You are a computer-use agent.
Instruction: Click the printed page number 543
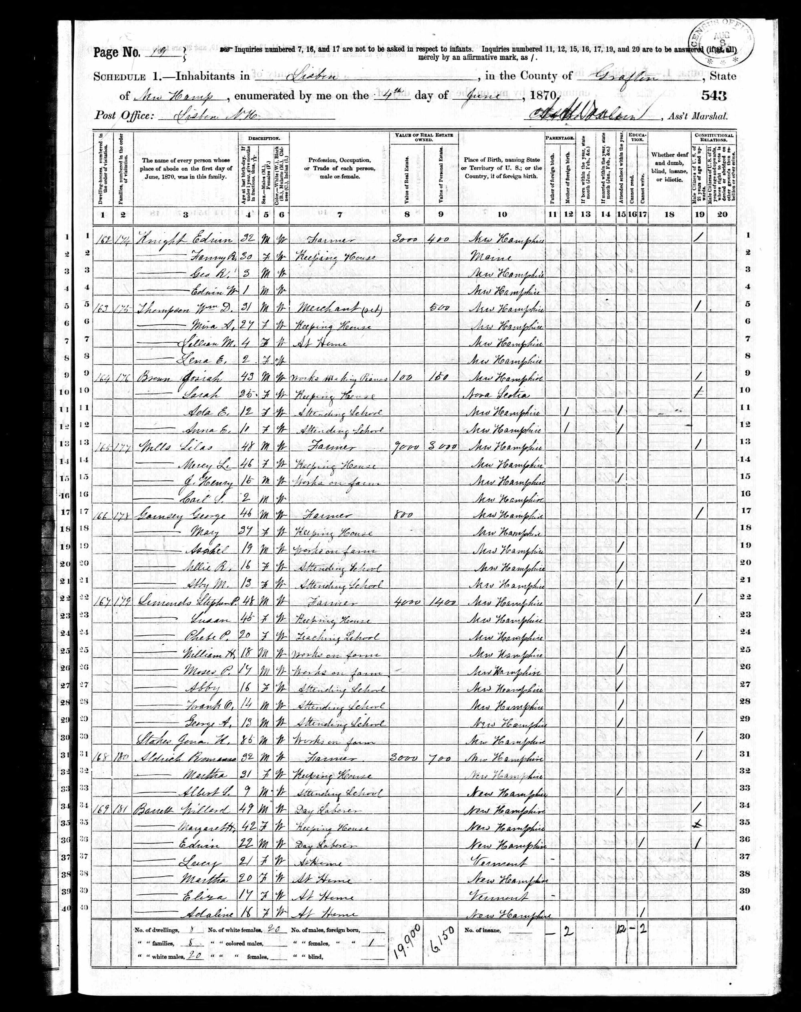pos(714,96)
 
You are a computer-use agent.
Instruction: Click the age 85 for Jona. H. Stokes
pos(253,738)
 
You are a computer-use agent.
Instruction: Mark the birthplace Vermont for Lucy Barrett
pos(499,857)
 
